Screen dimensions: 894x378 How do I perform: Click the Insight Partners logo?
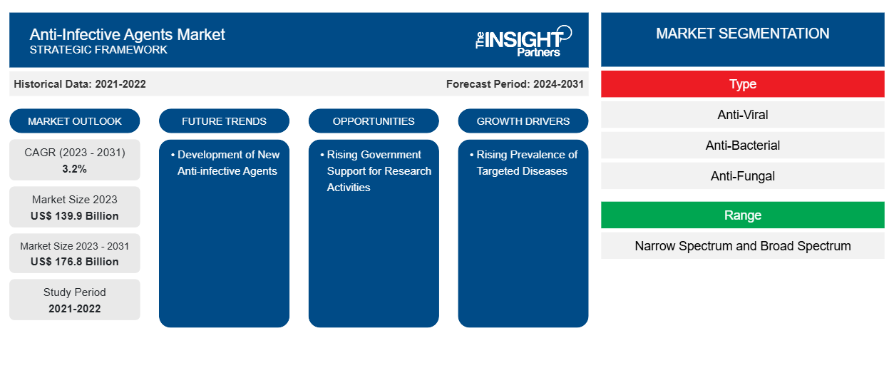[x=523, y=41]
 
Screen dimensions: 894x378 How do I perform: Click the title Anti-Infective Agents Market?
[x=128, y=34]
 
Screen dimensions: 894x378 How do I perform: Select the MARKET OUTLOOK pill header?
[x=75, y=121]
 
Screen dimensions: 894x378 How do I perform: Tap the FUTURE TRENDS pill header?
[x=224, y=121]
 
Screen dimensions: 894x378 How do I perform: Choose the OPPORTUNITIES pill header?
[x=374, y=121]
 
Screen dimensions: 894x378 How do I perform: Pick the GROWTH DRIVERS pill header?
[x=523, y=121]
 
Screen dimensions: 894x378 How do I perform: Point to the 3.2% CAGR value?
[x=75, y=169]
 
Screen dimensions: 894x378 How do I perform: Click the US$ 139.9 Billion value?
[x=75, y=216]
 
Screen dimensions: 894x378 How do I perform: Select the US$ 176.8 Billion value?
[x=75, y=262]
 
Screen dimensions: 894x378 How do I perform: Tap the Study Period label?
[x=75, y=292]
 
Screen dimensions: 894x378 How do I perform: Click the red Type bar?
[x=743, y=84]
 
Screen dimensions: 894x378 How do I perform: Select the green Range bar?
[x=743, y=215]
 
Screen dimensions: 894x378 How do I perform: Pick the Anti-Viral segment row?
[x=743, y=115]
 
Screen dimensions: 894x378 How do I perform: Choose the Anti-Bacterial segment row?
[x=743, y=145]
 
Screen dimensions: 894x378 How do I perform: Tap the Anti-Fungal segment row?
[x=743, y=176]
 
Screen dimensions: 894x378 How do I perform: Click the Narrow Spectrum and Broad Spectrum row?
[x=743, y=246]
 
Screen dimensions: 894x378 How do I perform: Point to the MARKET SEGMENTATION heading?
[x=743, y=34]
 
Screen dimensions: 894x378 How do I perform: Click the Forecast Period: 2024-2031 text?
[x=515, y=84]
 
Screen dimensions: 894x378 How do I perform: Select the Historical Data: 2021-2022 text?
[x=80, y=84]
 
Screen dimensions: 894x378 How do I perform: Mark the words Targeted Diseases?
[x=522, y=171]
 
